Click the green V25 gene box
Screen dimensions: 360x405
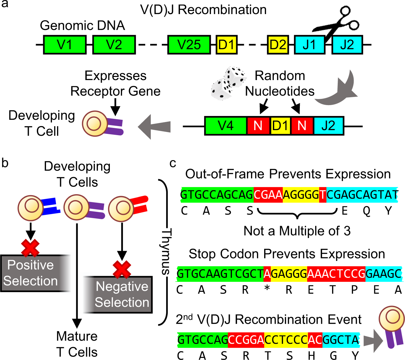click(188, 45)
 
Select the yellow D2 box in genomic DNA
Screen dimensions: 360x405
click(278, 45)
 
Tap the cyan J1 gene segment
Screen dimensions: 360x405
click(309, 45)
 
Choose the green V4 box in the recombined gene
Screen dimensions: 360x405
click(226, 126)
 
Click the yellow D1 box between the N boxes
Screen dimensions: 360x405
click(280, 126)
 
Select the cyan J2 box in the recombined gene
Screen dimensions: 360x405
click(328, 126)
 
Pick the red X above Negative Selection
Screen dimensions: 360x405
click(122, 269)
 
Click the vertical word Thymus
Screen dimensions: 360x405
click(166, 252)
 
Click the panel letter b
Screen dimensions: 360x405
click(5, 163)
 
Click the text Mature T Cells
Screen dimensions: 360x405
click(77, 344)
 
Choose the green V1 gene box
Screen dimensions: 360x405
click(64, 45)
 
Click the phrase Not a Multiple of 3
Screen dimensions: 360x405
click(297, 231)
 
